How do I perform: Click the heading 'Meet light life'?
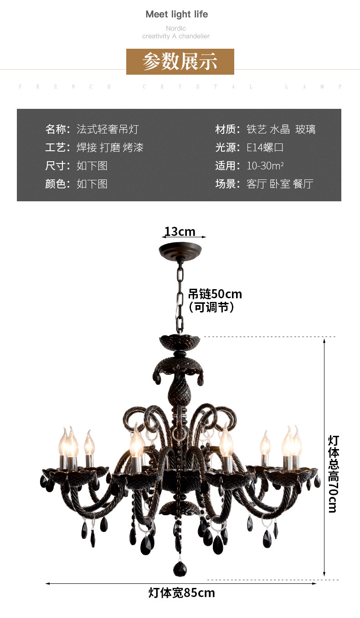coord(176,15)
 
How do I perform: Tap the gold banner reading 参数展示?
coord(180,61)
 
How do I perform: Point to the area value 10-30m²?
coord(266,166)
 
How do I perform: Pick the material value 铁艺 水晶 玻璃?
coord(281,129)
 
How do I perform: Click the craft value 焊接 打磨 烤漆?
coord(110,148)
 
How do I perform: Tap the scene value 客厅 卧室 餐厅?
coord(280,184)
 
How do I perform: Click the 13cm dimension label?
coord(180,232)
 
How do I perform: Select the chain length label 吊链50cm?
coord(215,294)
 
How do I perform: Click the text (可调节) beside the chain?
coord(211,307)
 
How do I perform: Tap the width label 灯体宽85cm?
coord(181,593)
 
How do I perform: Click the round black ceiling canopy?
coord(180,250)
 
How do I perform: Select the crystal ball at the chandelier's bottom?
coord(179,567)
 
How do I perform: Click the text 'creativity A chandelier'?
coord(176,36)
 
